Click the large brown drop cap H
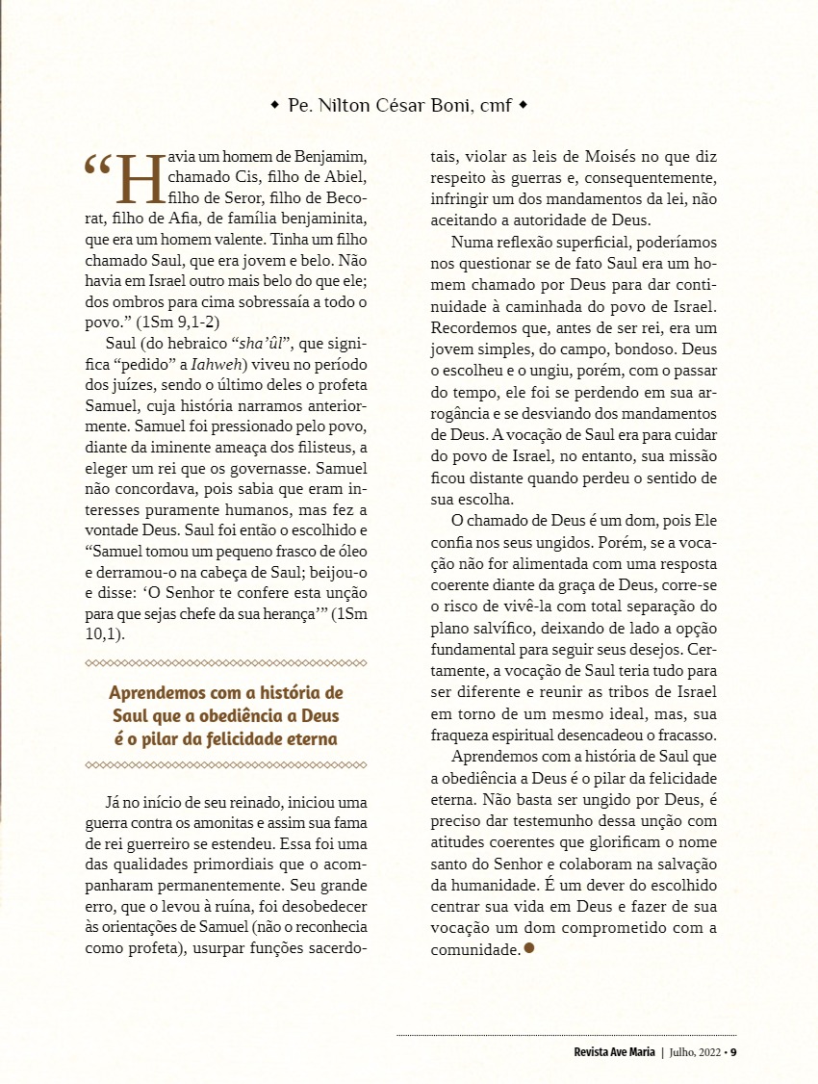(139, 177)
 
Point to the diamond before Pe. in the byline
(275, 104)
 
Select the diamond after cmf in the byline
(523, 104)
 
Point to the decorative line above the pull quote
(226, 663)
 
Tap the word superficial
(605, 244)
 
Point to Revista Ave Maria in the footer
(607, 1051)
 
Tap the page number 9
(733, 1051)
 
